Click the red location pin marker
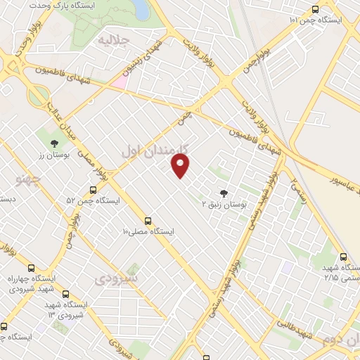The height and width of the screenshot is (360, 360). [181, 166]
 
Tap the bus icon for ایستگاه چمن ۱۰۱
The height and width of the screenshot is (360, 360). [314, 10]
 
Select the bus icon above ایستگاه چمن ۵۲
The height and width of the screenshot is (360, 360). [93, 190]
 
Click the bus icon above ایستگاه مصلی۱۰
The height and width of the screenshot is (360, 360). [148, 220]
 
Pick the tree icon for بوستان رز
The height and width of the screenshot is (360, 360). [54, 143]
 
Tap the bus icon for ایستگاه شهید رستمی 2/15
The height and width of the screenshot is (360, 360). [343, 257]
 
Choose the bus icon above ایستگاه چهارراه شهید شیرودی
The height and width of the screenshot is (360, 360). [31, 268]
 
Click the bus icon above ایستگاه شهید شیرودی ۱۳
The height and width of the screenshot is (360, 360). [65, 295]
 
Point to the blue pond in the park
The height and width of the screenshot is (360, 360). [140, 8]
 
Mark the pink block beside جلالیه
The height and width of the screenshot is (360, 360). [119, 82]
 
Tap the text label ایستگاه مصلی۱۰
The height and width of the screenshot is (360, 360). [148, 231]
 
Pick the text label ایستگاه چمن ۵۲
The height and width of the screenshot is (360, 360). [93, 200]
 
